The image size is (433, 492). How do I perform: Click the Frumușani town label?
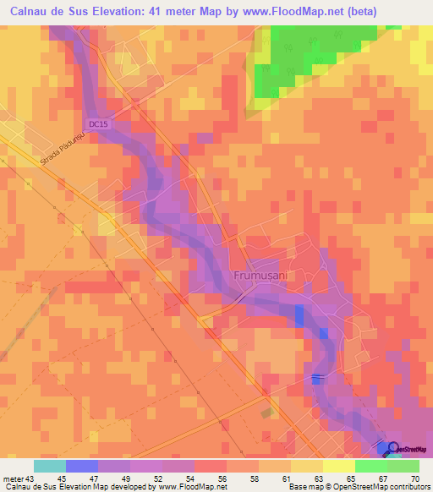pyautogui.click(x=260, y=276)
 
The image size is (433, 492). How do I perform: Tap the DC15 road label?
pyautogui.click(x=99, y=124)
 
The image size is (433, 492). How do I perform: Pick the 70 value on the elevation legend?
pyautogui.click(x=414, y=478)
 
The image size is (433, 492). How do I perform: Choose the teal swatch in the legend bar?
pyautogui.click(x=49, y=466)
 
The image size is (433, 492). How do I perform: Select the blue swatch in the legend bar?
pyautogui.click(x=81, y=466)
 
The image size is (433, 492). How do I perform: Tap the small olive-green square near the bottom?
pyautogui.click(x=268, y=413)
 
